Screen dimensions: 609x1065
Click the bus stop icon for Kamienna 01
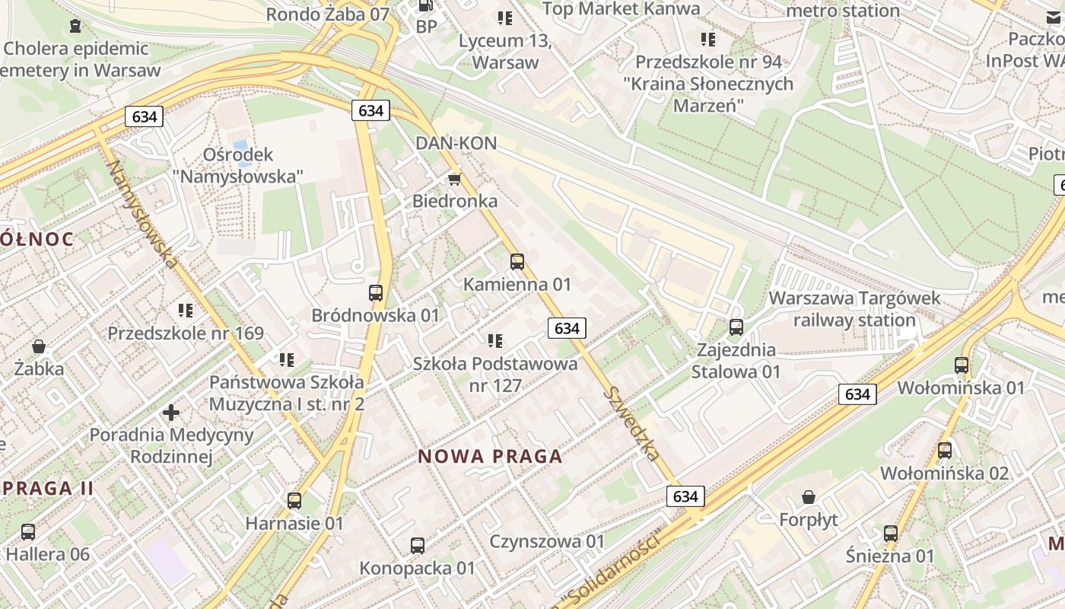click(x=517, y=262)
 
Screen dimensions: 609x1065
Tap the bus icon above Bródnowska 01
click(x=375, y=293)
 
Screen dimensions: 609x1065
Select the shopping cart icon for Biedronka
click(x=454, y=179)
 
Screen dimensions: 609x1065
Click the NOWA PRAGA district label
click(x=491, y=457)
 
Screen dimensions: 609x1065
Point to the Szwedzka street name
click(x=631, y=423)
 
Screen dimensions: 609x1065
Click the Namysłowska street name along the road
click(x=143, y=214)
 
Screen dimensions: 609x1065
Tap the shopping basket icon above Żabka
click(x=39, y=346)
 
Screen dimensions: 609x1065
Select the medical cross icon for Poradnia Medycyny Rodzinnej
click(x=171, y=413)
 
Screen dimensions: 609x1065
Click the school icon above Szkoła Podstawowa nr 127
click(x=495, y=341)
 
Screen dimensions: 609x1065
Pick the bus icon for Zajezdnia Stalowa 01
click(x=736, y=327)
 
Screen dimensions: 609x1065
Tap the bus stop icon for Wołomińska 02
click(x=944, y=451)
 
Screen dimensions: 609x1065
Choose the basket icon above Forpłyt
click(x=809, y=497)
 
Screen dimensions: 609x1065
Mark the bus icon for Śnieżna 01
click(x=890, y=534)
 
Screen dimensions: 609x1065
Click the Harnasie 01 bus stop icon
click(x=294, y=501)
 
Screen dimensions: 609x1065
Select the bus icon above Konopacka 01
click(x=417, y=546)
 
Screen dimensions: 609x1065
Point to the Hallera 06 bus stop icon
click(x=28, y=532)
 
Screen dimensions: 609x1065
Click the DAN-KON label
click(x=456, y=143)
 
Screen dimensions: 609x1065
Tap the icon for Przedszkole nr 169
click(x=186, y=311)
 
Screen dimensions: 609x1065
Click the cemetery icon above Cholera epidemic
click(x=75, y=27)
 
